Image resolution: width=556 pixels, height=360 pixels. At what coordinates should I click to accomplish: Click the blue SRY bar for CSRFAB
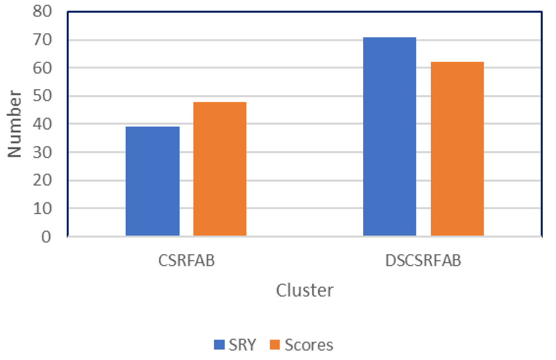pos(152,181)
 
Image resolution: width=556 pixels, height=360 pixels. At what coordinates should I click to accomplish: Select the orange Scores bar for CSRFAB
pos(220,169)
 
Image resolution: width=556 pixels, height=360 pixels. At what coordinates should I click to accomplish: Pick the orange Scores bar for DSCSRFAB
pos(457,149)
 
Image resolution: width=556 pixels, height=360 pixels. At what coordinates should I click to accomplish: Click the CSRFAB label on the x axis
pos(186,262)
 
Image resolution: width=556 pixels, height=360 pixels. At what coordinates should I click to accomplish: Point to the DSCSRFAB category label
pos(423,262)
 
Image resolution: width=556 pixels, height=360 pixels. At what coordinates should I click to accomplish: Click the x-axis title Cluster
pos(305,290)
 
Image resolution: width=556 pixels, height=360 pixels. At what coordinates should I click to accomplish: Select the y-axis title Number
pos(15,124)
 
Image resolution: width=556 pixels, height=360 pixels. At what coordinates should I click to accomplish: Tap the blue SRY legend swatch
pos(219,346)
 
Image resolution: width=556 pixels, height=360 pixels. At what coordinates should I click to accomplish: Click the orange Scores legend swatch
pos(275,346)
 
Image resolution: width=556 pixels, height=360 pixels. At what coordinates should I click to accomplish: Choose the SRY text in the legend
pos(242,346)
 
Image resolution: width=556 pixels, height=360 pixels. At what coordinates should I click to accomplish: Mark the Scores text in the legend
pos(309,346)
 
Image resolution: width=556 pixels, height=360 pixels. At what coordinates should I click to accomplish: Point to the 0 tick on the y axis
pos(46,237)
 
